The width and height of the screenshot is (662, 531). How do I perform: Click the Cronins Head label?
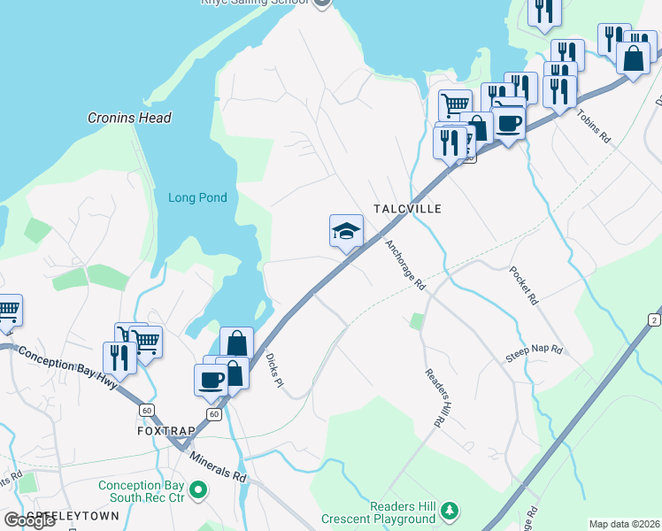click(x=129, y=118)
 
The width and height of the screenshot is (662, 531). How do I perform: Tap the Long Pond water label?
click(x=197, y=198)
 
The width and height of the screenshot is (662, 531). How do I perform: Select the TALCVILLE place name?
click(x=407, y=208)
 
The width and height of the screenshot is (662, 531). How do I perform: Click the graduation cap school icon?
click(x=346, y=233)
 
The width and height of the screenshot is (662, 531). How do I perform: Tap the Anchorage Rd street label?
click(x=405, y=265)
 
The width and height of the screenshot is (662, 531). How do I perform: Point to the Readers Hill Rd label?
click(x=432, y=399)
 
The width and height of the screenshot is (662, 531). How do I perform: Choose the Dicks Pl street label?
click(x=273, y=369)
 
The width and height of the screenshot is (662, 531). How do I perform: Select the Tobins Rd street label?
click(x=594, y=127)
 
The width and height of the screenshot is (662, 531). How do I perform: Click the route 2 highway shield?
click(x=654, y=319)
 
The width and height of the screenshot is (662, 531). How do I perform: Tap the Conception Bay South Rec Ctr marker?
click(x=199, y=489)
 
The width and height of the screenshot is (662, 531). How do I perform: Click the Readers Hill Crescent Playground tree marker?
click(x=450, y=510)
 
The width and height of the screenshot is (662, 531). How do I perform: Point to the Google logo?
click(x=29, y=520)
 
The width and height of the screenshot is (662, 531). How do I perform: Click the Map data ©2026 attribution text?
click(x=625, y=524)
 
